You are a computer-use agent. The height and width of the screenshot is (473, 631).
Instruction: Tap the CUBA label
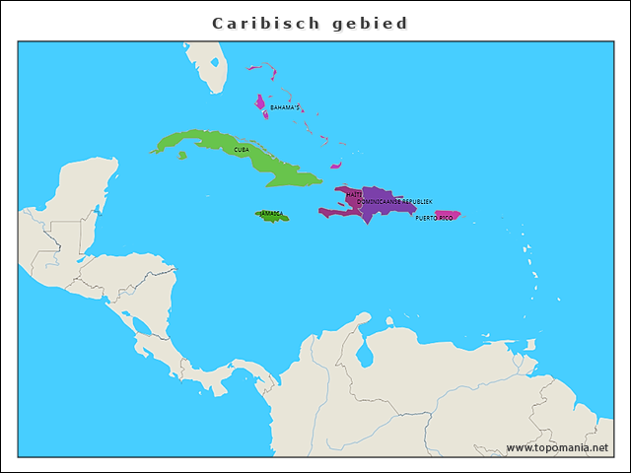pyautogui.click(x=242, y=150)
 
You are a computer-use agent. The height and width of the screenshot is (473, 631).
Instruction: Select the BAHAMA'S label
pyautogui.click(x=285, y=107)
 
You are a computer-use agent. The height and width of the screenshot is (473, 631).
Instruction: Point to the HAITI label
pyautogui.click(x=354, y=194)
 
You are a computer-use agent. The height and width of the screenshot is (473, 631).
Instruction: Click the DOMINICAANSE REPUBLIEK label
pyautogui.click(x=394, y=201)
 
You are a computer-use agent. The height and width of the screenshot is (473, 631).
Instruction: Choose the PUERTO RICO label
pyautogui.click(x=434, y=218)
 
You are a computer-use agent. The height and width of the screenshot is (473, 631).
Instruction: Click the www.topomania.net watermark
pyautogui.click(x=558, y=447)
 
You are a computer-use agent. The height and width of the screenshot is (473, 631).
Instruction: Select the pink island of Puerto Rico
pyautogui.click(x=448, y=215)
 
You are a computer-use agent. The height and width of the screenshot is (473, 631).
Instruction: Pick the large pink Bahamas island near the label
pyautogui.click(x=260, y=104)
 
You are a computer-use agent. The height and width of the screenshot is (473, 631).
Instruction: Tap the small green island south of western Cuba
pyautogui.click(x=181, y=155)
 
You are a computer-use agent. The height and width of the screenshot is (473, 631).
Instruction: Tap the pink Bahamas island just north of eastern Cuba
pyautogui.click(x=336, y=166)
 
